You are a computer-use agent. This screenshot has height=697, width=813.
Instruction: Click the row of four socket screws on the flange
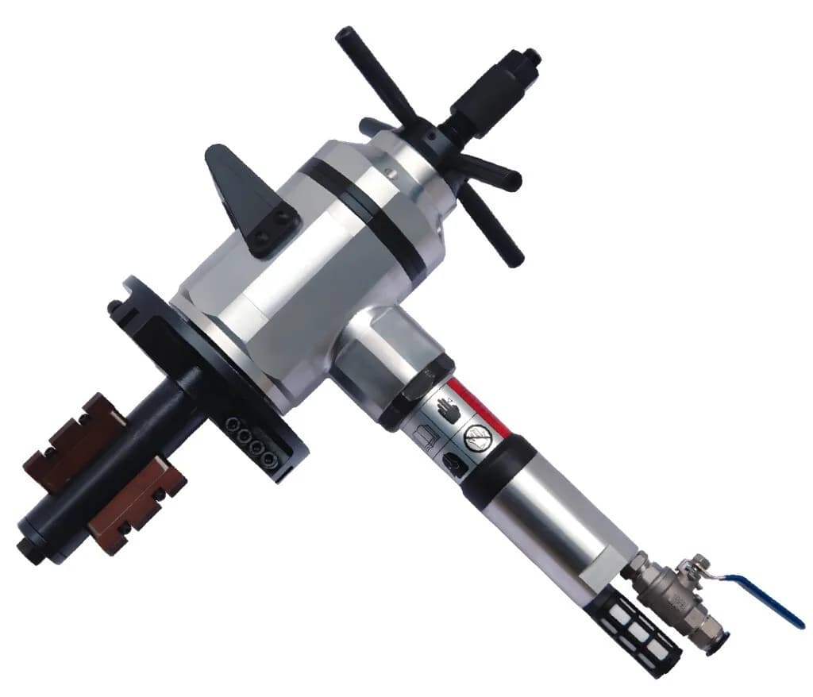click(x=247, y=437)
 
